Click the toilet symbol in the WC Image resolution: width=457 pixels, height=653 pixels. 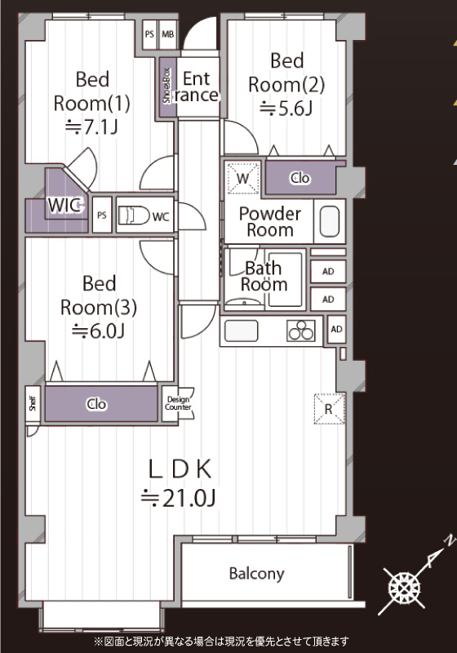134,215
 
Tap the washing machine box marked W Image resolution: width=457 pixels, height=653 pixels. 243,178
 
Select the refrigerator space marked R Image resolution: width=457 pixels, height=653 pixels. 329,409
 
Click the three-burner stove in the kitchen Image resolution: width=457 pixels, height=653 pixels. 301,331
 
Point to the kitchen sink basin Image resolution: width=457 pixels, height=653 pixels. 241,331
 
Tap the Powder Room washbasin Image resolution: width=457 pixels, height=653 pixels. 330,220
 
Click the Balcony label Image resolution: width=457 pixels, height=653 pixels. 257,574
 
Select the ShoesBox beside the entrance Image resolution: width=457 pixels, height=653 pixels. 167,86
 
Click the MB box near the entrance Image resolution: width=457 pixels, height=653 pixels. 168,34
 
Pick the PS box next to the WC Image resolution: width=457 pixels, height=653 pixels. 102,215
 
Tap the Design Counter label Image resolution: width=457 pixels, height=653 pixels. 178,403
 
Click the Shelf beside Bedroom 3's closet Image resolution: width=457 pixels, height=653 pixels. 33,403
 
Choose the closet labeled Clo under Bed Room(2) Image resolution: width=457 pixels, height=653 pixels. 300,178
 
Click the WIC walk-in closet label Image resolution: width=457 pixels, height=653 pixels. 64,205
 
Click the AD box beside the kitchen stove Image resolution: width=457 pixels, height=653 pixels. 337,330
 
